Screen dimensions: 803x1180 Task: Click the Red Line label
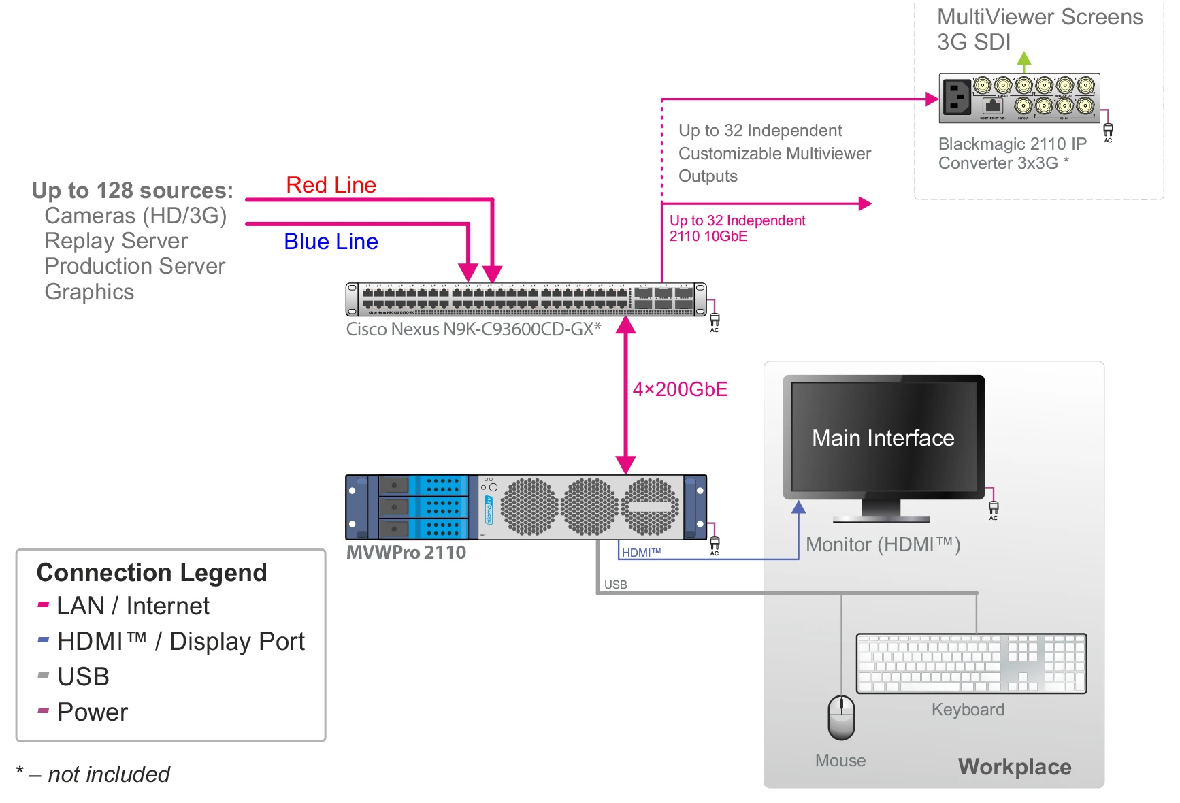[x=331, y=185]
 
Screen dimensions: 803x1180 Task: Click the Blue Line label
[x=331, y=242]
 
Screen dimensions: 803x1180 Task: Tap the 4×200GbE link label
[x=680, y=389]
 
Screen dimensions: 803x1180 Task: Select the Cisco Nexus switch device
[x=526, y=299]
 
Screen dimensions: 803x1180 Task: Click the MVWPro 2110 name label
[x=406, y=553]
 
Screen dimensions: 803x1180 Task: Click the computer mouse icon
[x=841, y=717]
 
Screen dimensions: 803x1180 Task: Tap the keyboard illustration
[x=971, y=663]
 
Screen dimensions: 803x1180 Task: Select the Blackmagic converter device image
[x=1019, y=99]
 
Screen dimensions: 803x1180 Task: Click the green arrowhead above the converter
[x=1023, y=59]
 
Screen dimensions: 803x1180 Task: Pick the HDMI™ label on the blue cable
[x=641, y=553]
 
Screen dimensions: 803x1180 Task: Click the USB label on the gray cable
[x=615, y=585]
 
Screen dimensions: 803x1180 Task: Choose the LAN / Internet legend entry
[x=133, y=606]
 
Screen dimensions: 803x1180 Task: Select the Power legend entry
[x=92, y=712]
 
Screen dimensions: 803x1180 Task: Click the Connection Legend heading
[x=152, y=573]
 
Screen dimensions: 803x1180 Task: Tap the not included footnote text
[x=108, y=774]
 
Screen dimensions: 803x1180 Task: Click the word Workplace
[x=1014, y=767]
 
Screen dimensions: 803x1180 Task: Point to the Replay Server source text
[x=116, y=241]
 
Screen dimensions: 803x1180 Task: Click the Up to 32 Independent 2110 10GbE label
[x=737, y=228]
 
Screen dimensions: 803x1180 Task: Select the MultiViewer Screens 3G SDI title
[x=1039, y=29]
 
